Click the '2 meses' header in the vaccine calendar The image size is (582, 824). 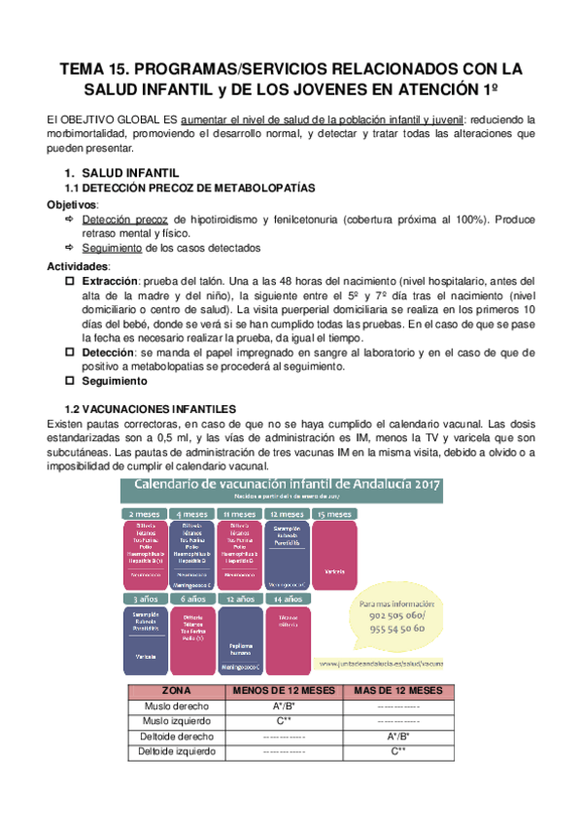[143, 513]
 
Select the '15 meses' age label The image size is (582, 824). [333, 513]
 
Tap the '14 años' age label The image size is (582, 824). [287, 601]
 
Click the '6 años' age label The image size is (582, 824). [191, 601]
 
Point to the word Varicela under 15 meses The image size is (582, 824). [333, 570]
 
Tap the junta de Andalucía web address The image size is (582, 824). [381, 664]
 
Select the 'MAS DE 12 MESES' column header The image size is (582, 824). [397, 691]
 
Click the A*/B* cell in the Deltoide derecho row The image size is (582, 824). [397, 737]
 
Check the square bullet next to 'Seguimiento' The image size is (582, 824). [69, 381]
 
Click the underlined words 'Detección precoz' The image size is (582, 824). [124, 220]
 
